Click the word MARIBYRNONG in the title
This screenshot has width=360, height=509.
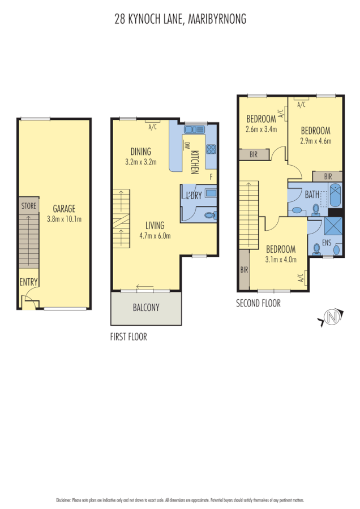[217, 19]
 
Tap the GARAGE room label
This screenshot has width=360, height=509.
[64, 209]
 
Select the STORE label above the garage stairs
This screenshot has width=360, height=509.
[28, 206]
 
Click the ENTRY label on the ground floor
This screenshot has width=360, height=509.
[28, 282]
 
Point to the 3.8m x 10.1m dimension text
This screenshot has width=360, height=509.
[64, 218]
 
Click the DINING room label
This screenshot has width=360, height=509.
[141, 152]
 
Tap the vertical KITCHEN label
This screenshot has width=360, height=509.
[194, 162]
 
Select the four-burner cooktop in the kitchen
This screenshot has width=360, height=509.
[211, 149]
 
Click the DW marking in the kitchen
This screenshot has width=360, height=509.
[186, 145]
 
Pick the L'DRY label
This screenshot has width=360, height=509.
[194, 196]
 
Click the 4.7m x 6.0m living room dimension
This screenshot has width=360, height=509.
[155, 236]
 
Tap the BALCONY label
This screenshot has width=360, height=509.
[146, 308]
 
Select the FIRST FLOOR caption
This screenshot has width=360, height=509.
[128, 337]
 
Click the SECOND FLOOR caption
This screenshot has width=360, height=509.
[258, 304]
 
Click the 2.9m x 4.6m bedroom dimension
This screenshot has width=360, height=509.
[315, 141]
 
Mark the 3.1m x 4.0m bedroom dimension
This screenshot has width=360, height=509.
[281, 260]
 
